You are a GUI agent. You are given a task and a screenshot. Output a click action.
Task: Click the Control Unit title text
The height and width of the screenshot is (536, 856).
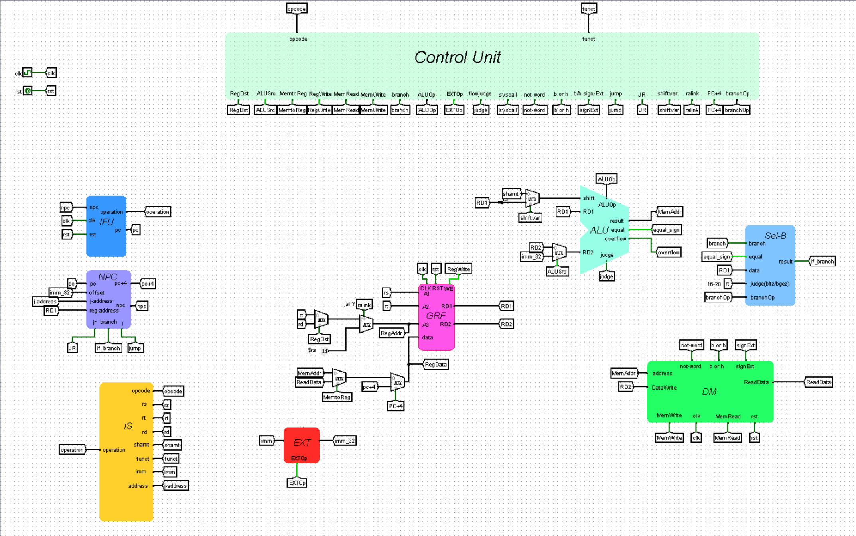(x=457, y=57)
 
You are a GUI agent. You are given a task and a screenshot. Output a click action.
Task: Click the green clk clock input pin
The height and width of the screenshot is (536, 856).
(x=27, y=73)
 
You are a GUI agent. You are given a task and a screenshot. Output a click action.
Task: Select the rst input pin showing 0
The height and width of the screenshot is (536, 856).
(x=27, y=91)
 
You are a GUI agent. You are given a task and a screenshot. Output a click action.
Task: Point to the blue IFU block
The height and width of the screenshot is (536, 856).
(x=106, y=226)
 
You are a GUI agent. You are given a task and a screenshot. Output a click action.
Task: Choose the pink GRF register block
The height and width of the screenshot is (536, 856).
(x=436, y=317)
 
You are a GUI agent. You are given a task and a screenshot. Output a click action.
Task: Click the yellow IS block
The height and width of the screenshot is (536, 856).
(x=126, y=451)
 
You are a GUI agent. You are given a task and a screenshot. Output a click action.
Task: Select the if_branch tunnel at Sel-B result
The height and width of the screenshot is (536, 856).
(x=822, y=262)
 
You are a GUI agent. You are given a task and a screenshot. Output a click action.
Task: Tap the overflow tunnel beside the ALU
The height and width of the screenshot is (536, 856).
(x=669, y=252)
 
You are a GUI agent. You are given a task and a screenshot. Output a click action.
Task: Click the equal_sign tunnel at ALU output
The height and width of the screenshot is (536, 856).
(x=666, y=230)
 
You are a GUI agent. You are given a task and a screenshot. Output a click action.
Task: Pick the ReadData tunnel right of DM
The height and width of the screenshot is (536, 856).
(x=818, y=382)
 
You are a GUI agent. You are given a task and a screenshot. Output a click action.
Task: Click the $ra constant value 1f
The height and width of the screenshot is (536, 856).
(x=325, y=351)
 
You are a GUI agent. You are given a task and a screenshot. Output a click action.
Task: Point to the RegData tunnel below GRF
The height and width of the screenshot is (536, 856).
(x=436, y=364)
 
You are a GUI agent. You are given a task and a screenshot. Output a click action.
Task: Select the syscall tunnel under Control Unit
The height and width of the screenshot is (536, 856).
(x=507, y=110)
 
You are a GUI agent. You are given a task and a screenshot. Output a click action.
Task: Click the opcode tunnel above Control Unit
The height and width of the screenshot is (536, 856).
(x=296, y=9)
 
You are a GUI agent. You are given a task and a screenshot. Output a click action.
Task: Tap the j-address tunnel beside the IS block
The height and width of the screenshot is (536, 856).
(x=176, y=486)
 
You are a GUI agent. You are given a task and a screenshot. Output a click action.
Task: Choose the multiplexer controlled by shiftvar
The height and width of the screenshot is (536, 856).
(x=532, y=198)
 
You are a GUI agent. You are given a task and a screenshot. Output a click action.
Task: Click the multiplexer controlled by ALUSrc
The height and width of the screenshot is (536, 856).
(x=559, y=252)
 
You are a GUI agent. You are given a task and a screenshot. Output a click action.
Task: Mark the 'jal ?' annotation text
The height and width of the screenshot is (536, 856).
(x=349, y=304)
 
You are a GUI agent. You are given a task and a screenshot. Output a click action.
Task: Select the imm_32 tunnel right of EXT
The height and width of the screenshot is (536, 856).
(x=344, y=441)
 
